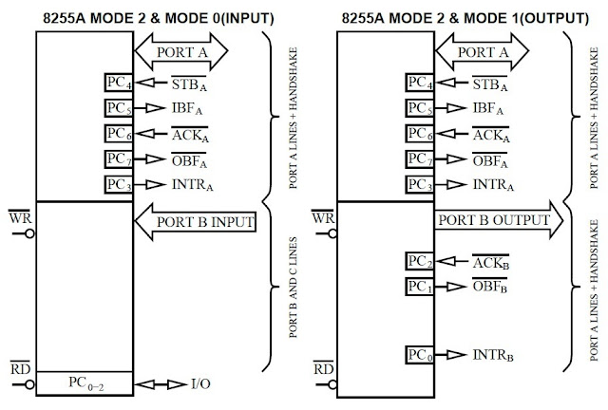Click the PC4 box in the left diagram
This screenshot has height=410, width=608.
click(119, 83)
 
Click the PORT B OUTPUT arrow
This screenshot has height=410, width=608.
click(495, 220)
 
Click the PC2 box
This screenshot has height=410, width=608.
click(418, 261)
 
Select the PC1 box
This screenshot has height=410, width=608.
click(418, 286)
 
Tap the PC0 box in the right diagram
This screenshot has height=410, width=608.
click(418, 356)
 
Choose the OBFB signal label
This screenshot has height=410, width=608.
click(491, 286)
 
